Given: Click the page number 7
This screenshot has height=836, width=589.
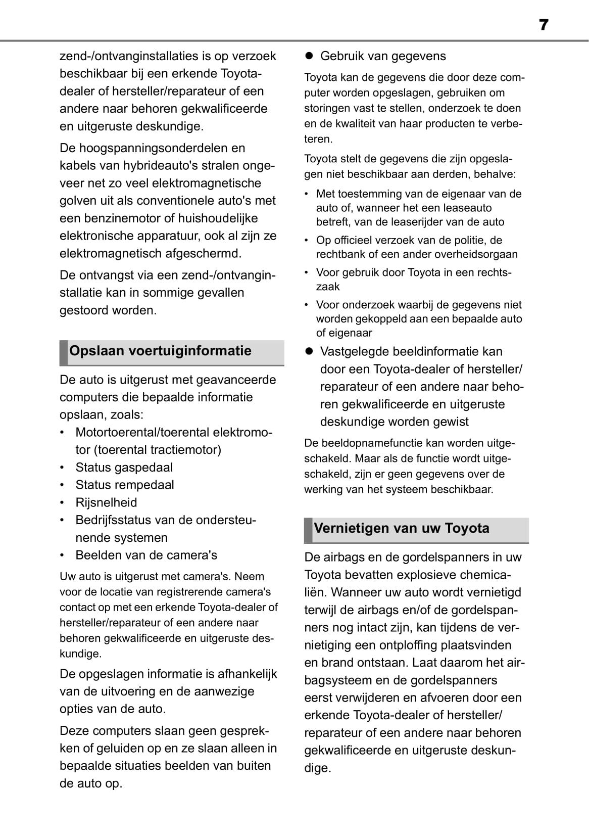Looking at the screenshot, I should click(x=544, y=25).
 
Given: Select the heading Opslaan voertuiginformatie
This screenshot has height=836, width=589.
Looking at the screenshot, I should click(x=160, y=351).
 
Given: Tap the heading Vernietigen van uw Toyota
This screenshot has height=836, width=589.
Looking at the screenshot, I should click(x=402, y=528).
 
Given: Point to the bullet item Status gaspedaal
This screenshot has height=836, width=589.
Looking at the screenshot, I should click(x=124, y=468).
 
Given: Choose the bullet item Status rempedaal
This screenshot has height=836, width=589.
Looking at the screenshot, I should click(x=124, y=485).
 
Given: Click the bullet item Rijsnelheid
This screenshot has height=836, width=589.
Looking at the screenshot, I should click(x=106, y=502).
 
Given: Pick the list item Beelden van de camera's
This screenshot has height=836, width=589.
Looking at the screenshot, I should click(x=146, y=555).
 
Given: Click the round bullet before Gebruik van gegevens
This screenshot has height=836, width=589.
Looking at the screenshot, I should click(x=309, y=56).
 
